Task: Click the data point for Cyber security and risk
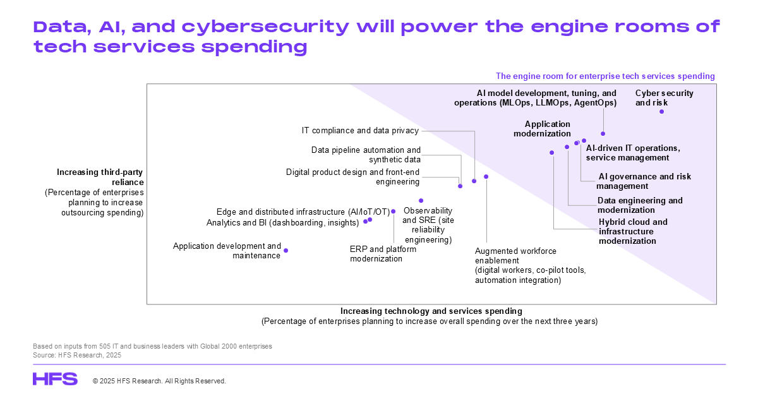(661, 111)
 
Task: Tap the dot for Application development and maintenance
(286, 250)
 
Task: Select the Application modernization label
(542, 129)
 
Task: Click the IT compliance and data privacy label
(360, 131)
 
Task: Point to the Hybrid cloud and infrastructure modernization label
(633, 231)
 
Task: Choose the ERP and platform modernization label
(383, 253)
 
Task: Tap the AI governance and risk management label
(644, 181)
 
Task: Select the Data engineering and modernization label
(640, 205)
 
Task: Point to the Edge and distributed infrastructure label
(303, 212)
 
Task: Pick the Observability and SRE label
(428, 225)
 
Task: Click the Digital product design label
(352, 177)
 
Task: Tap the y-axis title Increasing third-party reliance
(100, 177)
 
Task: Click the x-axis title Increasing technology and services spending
(431, 311)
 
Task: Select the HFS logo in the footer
(55, 379)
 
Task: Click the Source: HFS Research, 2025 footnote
(76, 355)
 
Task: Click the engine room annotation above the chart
(605, 76)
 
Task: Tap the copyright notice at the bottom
(159, 381)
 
